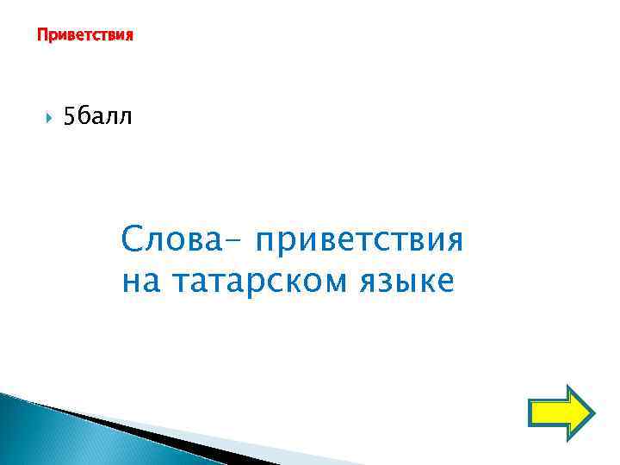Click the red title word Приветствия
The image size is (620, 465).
pos(85,36)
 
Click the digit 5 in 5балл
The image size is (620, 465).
pos(70,117)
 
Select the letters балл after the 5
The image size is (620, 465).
pos(105,117)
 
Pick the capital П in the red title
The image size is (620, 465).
pos(41,36)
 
